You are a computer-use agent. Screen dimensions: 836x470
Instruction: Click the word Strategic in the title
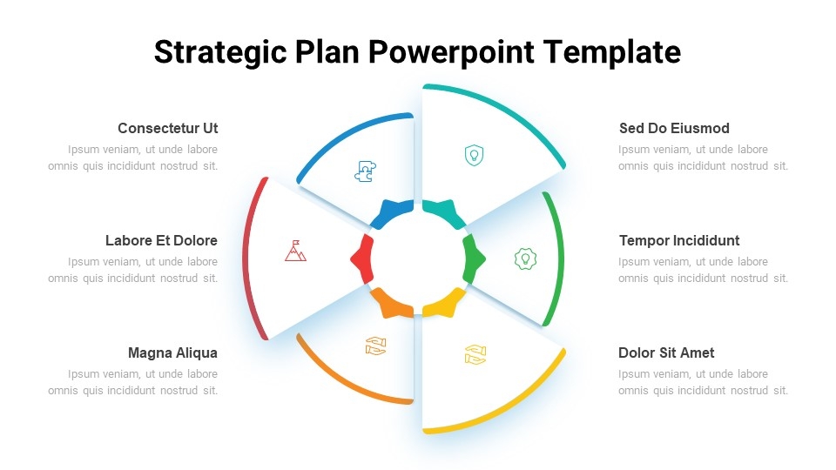pos(220,53)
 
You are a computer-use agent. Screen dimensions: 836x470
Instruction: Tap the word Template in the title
pos(612,52)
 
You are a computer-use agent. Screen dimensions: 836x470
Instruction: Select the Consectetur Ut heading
pos(167,129)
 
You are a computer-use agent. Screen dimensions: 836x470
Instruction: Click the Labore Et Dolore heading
pos(161,241)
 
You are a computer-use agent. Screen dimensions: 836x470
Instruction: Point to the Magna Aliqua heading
pos(172,352)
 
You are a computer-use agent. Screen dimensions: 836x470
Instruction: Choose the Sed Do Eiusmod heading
pos(674,129)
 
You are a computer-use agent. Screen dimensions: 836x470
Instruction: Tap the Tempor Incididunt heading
pos(679,241)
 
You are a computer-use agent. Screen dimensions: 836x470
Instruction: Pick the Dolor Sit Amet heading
pos(666,352)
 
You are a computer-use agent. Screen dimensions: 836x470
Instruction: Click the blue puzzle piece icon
pos(365,171)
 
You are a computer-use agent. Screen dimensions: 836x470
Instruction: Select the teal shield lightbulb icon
pos(474,155)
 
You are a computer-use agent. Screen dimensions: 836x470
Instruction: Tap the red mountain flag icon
pos(295,251)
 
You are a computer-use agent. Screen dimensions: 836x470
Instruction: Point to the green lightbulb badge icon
pos(525,259)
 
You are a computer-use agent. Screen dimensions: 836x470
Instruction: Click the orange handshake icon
pos(376,346)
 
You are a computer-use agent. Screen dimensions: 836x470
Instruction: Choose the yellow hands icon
pos(475,355)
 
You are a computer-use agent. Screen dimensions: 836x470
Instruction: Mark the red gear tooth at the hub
pos(362,259)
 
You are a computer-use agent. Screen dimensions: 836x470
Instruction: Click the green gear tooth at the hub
pos(474,259)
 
